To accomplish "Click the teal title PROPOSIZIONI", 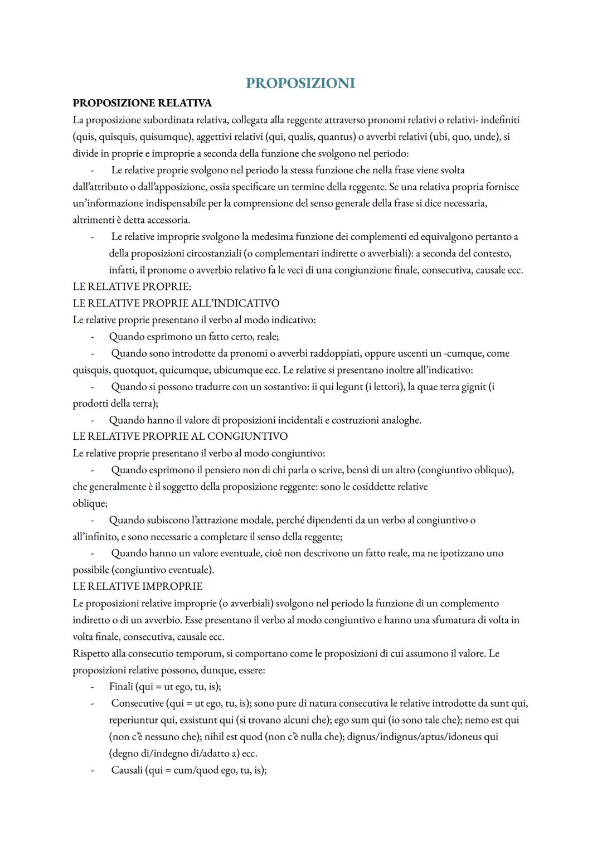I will (300, 83).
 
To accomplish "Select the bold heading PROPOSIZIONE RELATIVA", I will (142, 103).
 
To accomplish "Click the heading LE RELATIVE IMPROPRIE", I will (138, 586).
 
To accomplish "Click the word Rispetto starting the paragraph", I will (91, 653).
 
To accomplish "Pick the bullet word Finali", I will (121, 687).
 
